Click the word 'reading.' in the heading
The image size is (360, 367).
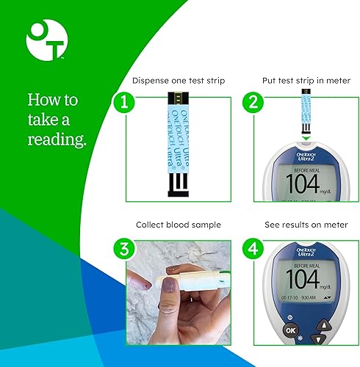pos(57,139)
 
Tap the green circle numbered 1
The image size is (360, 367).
pos(125,103)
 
